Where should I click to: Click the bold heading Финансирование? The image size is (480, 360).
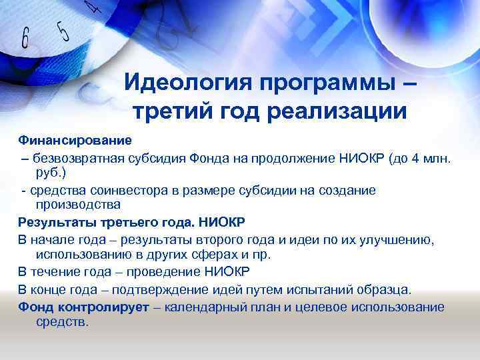tap(75, 141)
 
